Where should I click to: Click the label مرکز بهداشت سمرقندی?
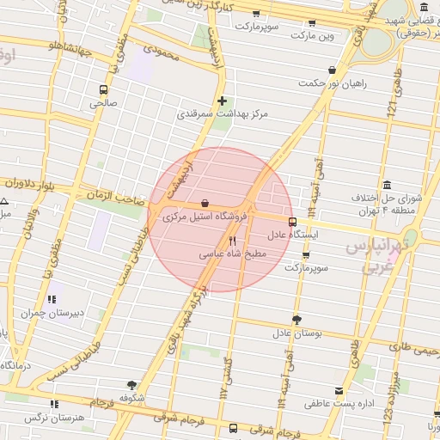click(223, 113)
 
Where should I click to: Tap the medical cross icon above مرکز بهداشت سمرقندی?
click(223, 100)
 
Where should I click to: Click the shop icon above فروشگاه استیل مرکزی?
click(205, 204)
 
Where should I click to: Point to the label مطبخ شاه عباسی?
click(233, 254)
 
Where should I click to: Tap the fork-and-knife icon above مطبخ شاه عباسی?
click(232, 241)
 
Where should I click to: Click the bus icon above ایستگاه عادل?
click(292, 221)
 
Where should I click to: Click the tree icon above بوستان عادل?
click(296, 320)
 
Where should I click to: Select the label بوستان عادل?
click(296, 333)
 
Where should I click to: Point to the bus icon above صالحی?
click(103, 89)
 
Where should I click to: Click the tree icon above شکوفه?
click(131, 386)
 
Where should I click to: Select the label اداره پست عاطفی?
click(341, 402)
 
